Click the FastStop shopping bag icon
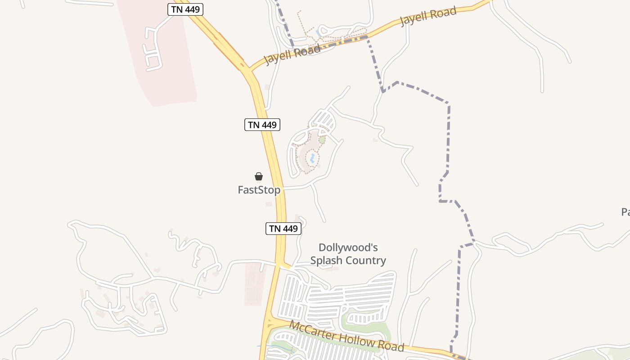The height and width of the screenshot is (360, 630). (x=259, y=176)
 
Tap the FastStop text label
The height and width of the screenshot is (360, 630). (x=259, y=190)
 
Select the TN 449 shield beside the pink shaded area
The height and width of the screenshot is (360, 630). (x=185, y=9)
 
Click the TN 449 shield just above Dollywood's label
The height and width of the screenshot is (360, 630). (x=283, y=229)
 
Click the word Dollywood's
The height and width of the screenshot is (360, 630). (x=348, y=247)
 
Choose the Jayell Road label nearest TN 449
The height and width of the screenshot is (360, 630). (x=292, y=54)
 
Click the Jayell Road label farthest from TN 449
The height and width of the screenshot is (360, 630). (x=428, y=16)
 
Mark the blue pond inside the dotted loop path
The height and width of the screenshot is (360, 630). (x=311, y=158)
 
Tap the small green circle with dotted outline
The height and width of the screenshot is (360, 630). (x=322, y=140)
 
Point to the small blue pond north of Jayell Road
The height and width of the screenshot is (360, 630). (x=319, y=32)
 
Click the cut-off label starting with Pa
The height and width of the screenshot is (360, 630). (x=625, y=212)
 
